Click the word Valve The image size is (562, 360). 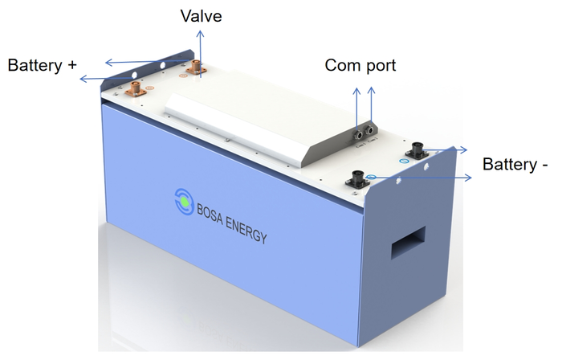[x=202, y=16]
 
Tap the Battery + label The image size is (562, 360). [x=42, y=65]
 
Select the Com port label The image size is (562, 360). [x=360, y=65]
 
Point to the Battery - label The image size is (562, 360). [x=515, y=164]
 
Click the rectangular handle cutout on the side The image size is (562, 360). [x=409, y=242]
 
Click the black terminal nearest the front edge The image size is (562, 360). [x=356, y=174]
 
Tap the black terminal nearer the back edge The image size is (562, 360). [x=417, y=149]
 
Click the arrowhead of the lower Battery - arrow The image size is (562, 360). [x=470, y=174]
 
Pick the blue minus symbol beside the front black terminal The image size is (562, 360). [x=371, y=176]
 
